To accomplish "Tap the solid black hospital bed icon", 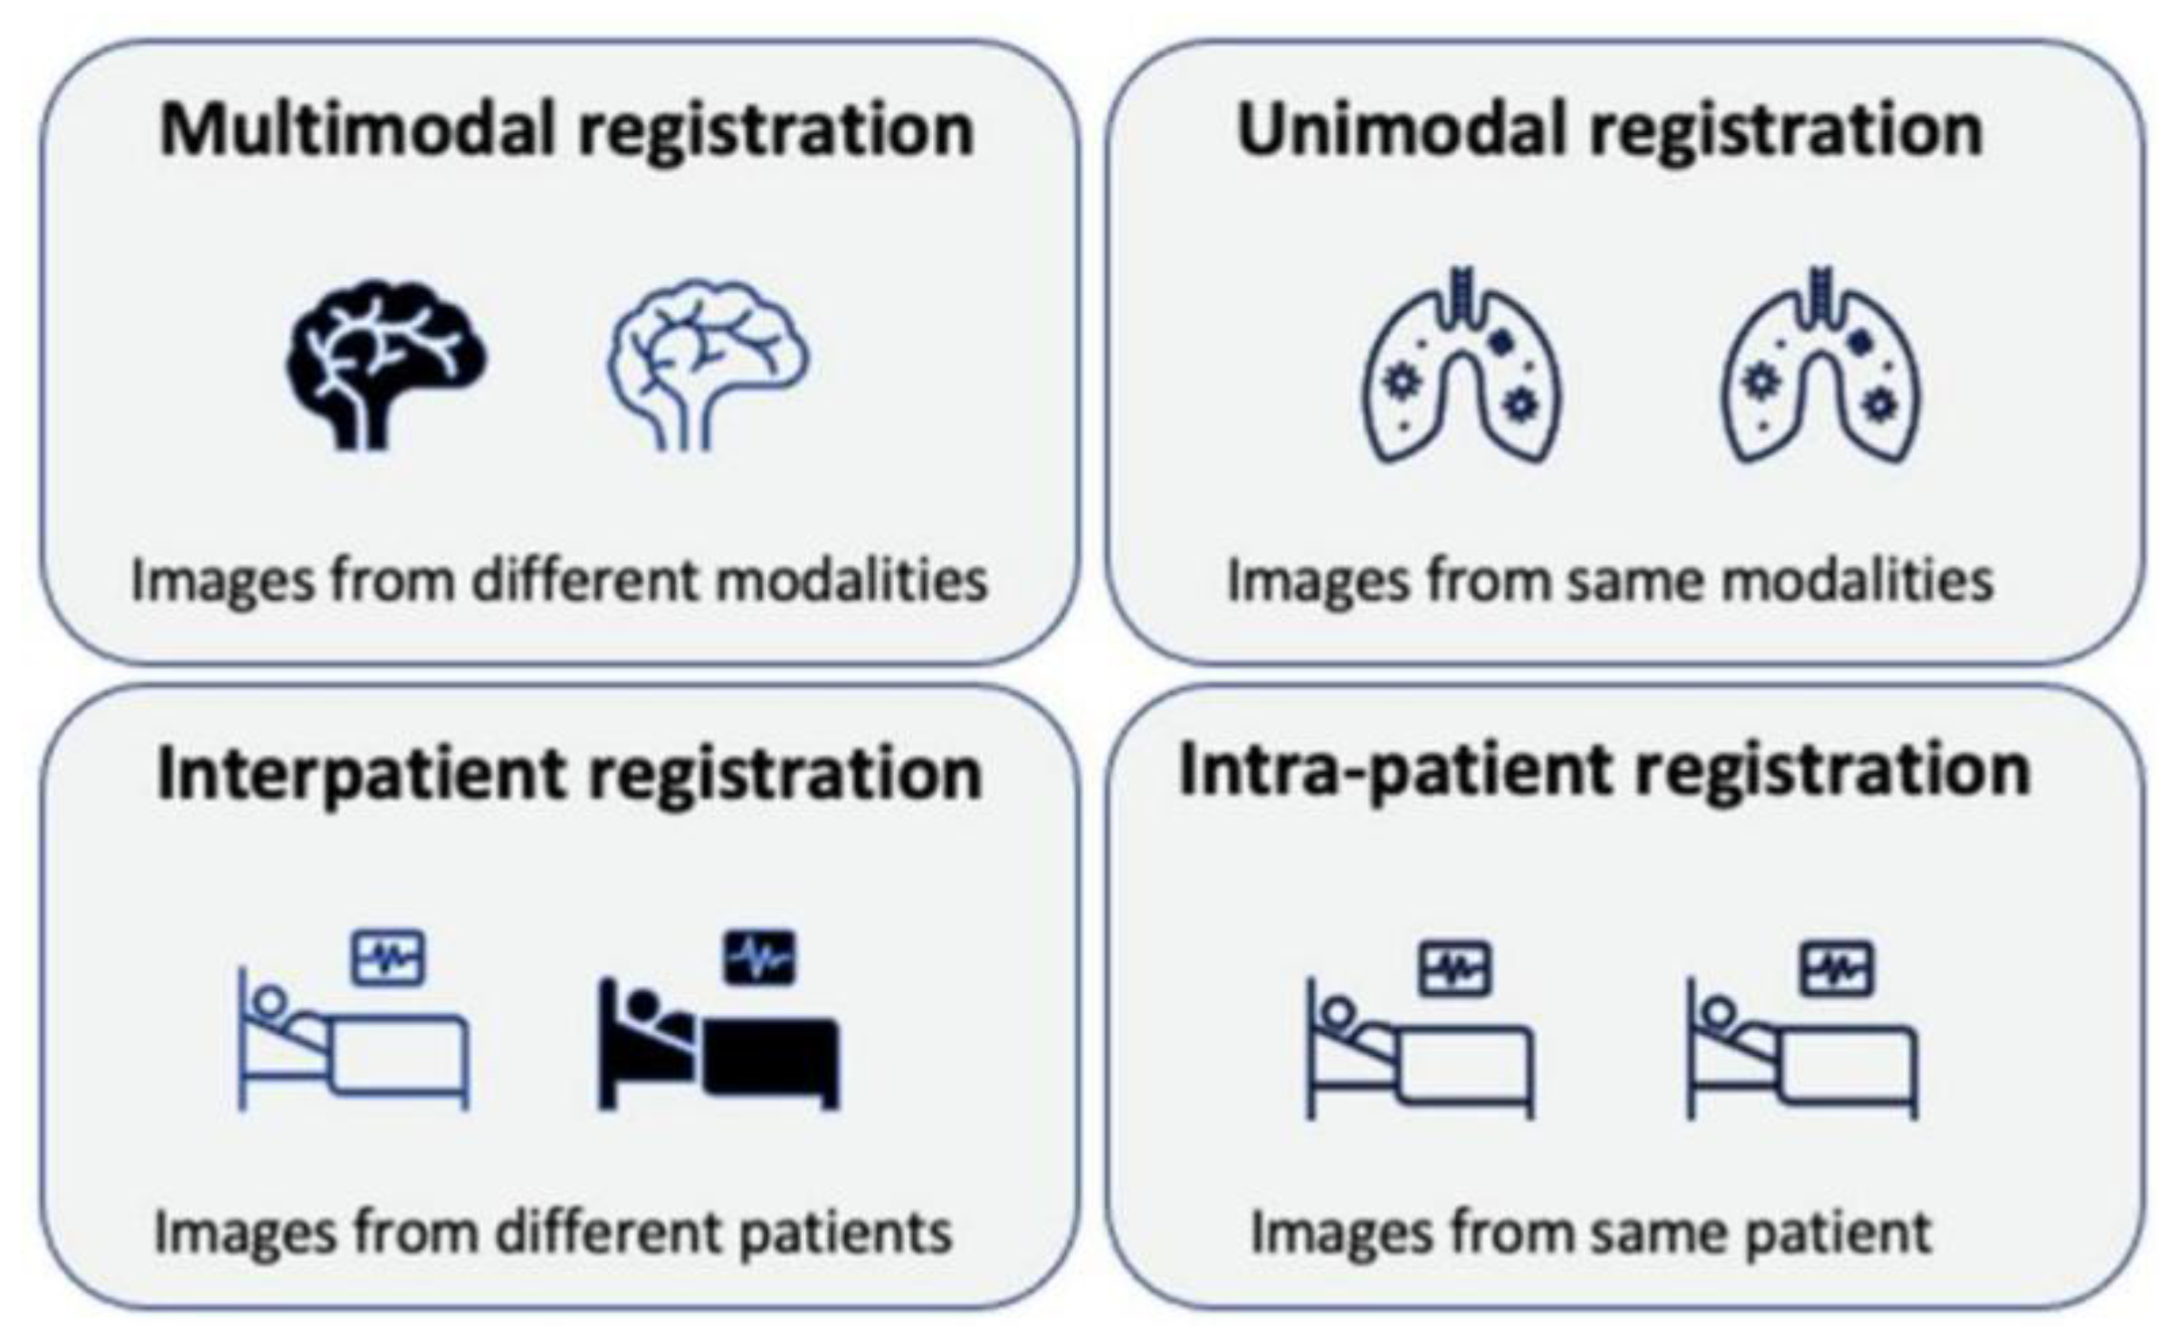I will coord(718,1049).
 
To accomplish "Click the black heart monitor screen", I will coord(760,958).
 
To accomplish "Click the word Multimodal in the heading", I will coord(357,130).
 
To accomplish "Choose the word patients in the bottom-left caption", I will coord(845,1233).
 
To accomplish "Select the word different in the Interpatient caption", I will coord(609,1233).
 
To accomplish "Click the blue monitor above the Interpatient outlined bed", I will coord(388,958).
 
